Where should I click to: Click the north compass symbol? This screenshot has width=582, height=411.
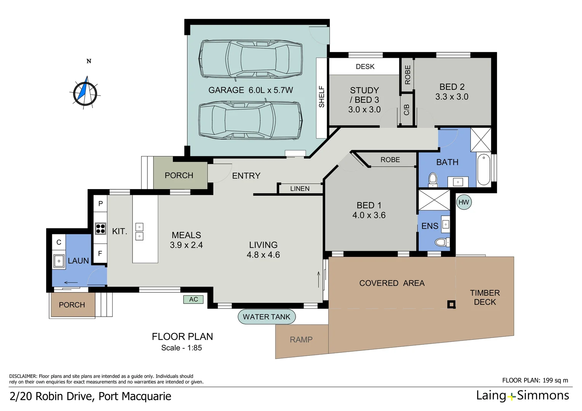(85, 92)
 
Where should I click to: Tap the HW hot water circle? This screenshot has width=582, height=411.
(464, 202)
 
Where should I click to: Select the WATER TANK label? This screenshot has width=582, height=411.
(266, 317)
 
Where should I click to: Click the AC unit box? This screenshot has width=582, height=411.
(193, 299)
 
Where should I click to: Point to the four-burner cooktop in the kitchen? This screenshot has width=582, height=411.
(101, 228)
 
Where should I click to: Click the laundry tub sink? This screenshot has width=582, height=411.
(59, 261)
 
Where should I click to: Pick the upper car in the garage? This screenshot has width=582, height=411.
(251, 59)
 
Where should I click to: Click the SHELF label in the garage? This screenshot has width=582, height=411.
(321, 97)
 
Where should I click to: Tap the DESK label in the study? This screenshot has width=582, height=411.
(365, 67)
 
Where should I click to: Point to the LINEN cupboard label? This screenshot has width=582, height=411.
(300, 189)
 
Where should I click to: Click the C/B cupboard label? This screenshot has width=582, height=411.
(406, 110)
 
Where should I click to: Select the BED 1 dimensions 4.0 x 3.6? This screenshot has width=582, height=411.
(369, 215)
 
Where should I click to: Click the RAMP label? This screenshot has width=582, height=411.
(301, 339)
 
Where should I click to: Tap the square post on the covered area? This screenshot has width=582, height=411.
(451, 304)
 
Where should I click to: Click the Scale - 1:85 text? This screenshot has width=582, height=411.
(181, 348)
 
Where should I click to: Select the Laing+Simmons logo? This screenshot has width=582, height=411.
(522, 396)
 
